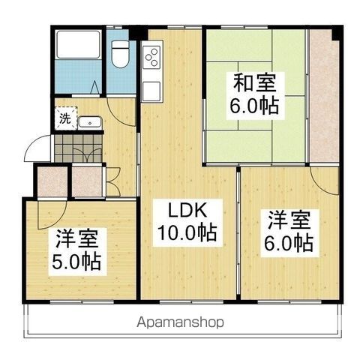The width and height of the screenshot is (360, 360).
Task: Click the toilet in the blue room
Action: tap(120, 54)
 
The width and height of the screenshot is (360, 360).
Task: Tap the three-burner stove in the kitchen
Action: tap(151, 57)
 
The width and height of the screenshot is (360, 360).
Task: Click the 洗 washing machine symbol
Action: tap(65, 119)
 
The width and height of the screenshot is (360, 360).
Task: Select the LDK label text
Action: tap(184, 211)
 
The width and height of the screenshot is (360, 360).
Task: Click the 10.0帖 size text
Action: tap(186, 232)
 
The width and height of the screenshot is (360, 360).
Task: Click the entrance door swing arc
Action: tap(35, 150)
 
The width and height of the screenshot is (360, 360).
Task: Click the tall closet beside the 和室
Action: tap(323, 97)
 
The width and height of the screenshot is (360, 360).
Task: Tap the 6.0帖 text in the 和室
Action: tap(254, 104)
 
